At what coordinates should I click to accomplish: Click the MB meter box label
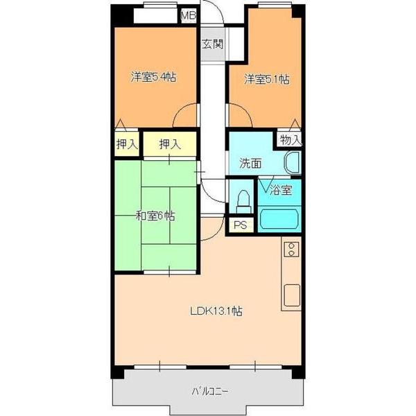tap(189, 16)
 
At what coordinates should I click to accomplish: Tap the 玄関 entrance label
tap(213, 44)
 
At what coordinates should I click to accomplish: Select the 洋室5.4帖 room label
tap(154, 77)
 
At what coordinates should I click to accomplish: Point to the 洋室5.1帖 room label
tap(267, 79)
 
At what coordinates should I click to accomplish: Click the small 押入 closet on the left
tap(127, 144)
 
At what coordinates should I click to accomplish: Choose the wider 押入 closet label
tap(170, 144)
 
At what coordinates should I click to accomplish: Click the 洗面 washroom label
tap(251, 163)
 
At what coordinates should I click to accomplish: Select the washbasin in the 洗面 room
tap(293, 163)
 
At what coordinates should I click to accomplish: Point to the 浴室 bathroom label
tap(281, 190)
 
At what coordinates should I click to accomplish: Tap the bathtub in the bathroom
tap(279, 219)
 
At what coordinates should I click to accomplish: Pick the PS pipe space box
tap(241, 225)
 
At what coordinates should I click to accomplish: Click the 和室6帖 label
tap(155, 216)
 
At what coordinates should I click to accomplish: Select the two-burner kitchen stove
tap(291, 249)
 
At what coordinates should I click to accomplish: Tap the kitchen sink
tap(292, 295)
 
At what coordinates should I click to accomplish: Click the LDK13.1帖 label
tap(216, 311)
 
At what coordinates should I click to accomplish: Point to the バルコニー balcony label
tap(210, 391)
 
